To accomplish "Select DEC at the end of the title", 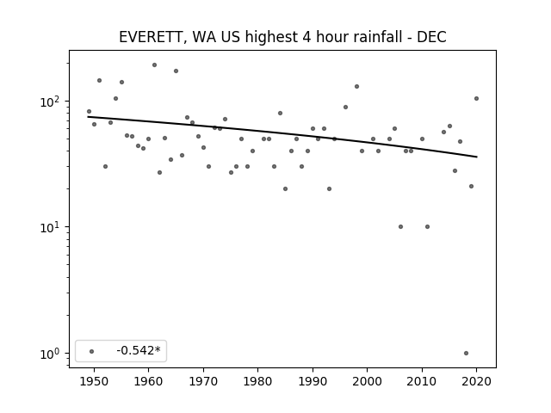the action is coord(431,37).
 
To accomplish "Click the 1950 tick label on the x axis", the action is coord(94,381).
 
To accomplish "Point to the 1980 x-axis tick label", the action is coord(258,381).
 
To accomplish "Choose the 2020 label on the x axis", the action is coord(476,381).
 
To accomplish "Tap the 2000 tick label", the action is coord(368,381).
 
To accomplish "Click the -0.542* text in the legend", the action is coord(139,350).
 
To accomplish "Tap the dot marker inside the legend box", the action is coord(92,351).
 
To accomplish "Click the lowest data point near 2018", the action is coord(466,354).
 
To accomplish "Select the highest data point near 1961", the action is coord(154,65).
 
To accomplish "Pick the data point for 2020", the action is coord(476,99).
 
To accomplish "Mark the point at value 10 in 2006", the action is coord(400,227).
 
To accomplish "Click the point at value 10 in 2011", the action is coord(427,227).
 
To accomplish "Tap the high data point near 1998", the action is coord(356,86).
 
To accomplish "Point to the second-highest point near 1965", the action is coord(176,71).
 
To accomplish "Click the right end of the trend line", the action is coord(477,157).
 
